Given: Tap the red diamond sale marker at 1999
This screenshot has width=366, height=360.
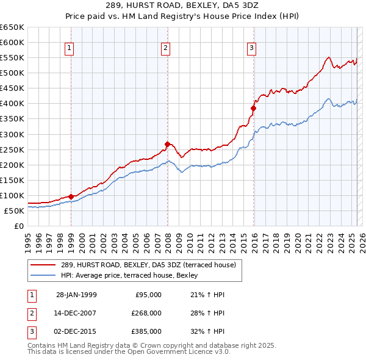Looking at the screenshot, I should point(71,196).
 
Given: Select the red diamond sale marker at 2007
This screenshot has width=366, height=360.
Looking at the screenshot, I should point(167,144).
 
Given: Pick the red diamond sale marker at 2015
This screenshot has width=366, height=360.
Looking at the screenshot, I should point(253,108).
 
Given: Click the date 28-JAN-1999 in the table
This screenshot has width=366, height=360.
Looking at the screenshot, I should point(76,295).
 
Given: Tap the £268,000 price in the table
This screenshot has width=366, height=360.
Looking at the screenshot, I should point(145,313).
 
